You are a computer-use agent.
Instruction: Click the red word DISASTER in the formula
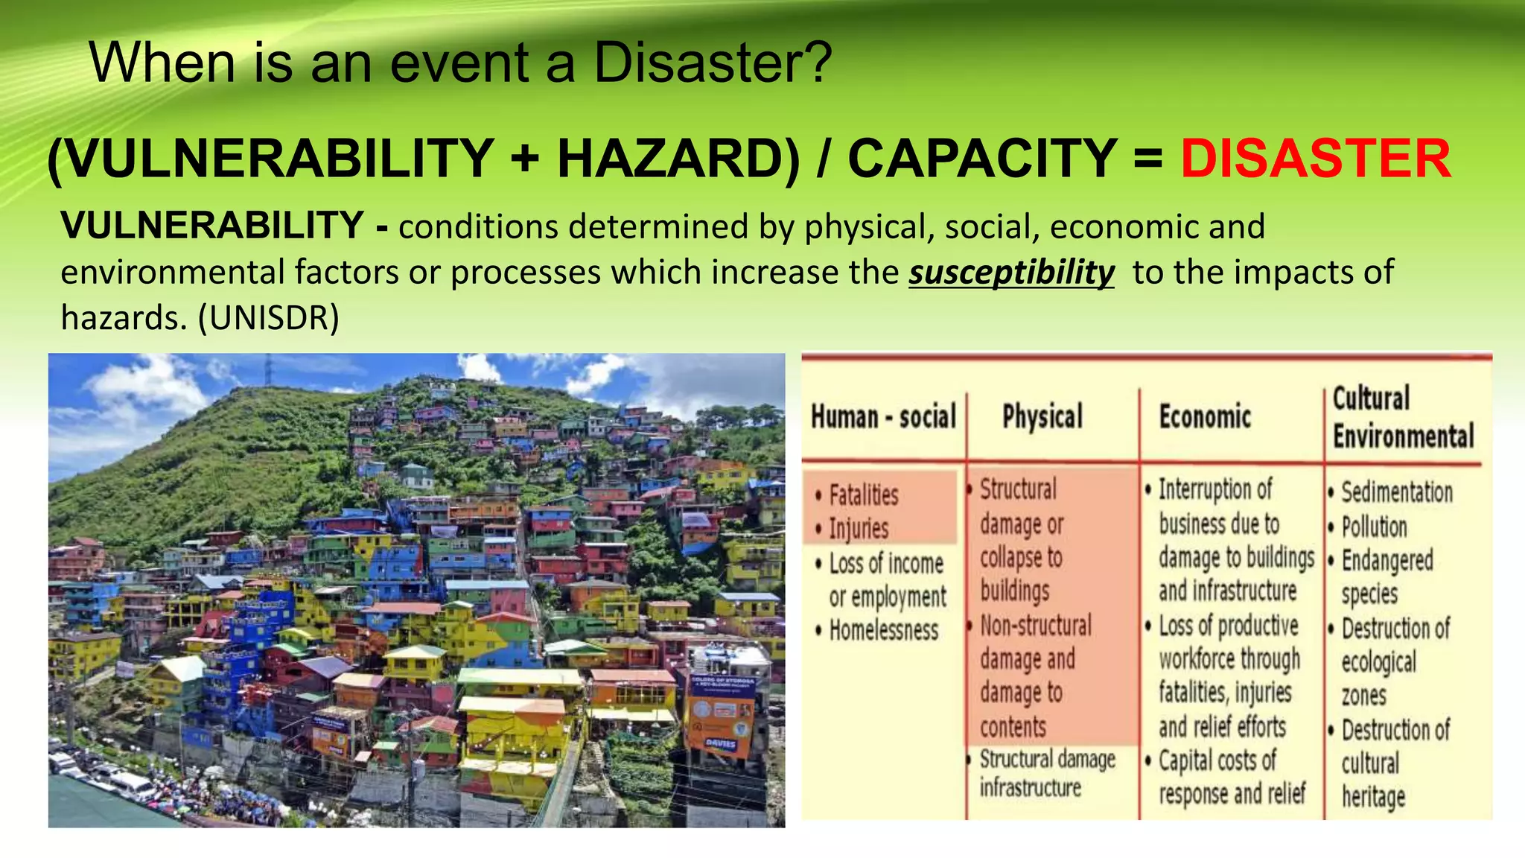coord(1316,159)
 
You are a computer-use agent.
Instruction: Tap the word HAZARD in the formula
coord(678,159)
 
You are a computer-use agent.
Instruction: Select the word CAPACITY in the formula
coord(982,159)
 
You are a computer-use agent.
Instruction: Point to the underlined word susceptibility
coord(1011,272)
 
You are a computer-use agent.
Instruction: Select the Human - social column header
coord(883,417)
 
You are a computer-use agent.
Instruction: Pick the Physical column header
coord(1042,417)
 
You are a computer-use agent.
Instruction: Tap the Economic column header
coord(1205,417)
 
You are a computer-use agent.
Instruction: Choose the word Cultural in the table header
coord(1371,398)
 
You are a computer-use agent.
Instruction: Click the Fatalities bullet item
coord(864,495)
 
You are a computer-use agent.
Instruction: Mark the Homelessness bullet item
coord(884,631)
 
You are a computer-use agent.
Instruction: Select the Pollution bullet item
coord(1374,527)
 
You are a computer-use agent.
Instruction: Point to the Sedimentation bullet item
coord(1396,492)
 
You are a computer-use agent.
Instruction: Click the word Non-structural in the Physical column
coord(1036,626)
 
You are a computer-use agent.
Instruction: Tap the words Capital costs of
coord(1217,760)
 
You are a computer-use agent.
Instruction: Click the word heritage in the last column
coord(1373,797)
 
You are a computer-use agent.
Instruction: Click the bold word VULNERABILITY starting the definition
coord(212,226)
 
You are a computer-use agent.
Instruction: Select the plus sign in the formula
coord(525,159)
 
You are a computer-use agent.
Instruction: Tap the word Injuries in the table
coord(859,529)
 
